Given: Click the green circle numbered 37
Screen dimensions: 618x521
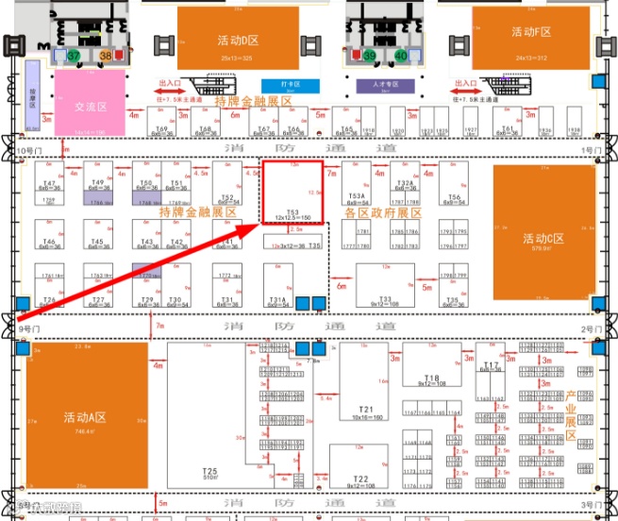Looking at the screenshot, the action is (x=75, y=57).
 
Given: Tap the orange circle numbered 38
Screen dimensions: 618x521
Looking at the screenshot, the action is (x=106, y=57).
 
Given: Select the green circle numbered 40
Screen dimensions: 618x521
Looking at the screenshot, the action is (x=401, y=57).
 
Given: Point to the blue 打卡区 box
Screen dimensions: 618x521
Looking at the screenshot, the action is (x=277, y=85).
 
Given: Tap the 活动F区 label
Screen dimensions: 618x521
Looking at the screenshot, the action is (x=531, y=32).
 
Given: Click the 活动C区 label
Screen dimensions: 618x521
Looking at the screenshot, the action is (x=543, y=238).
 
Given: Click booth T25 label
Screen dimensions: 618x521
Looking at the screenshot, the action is (x=210, y=472).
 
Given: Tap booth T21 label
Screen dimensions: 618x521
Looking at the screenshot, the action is (x=364, y=409).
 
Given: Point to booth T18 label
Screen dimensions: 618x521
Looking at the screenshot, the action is (x=432, y=377).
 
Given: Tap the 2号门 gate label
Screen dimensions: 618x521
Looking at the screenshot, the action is (x=592, y=328).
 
